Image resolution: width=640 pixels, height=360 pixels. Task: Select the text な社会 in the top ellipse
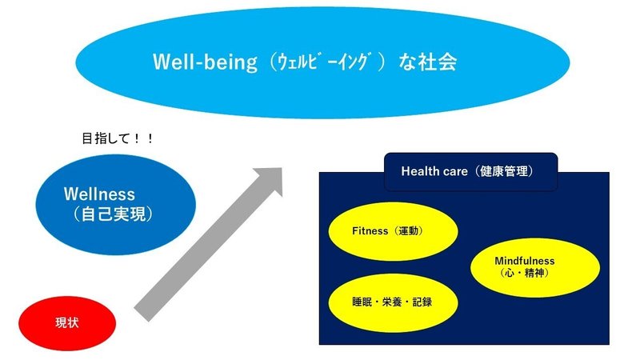pyautogui.click(x=429, y=62)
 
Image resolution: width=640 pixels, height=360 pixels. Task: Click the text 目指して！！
pyautogui.click(x=118, y=138)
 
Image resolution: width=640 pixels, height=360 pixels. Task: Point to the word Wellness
pyautogui.click(x=99, y=194)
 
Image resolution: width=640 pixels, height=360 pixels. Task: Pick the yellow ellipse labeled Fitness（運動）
pyautogui.click(x=393, y=230)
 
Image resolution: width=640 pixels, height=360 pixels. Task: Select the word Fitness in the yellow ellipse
pyautogui.click(x=369, y=230)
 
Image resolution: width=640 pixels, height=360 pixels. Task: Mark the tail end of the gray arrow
pyautogui.click(x=142, y=311)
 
